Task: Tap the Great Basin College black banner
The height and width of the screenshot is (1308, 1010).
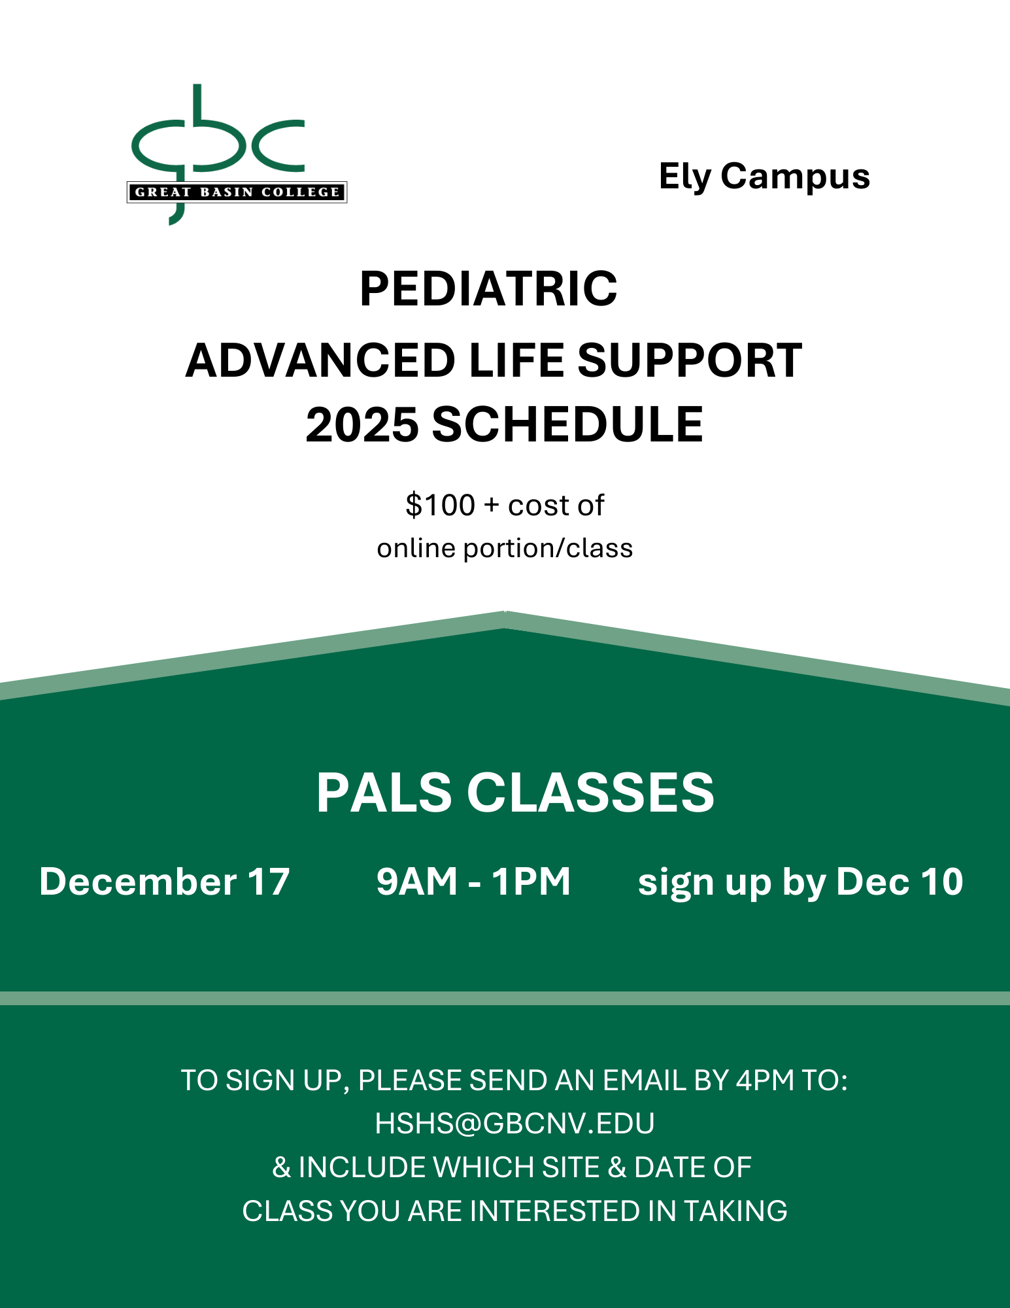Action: [x=237, y=192]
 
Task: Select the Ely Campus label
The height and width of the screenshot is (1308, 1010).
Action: [x=764, y=177]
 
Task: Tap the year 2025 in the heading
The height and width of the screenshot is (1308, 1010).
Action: [x=362, y=424]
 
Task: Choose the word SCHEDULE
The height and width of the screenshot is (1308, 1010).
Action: [x=567, y=424]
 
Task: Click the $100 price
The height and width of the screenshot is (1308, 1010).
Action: [x=440, y=506]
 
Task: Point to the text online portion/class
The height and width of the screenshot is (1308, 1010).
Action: [x=505, y=548]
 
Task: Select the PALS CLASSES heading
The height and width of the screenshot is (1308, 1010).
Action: [x=515, y=793]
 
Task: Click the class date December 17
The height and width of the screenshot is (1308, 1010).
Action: [x=165, y=882]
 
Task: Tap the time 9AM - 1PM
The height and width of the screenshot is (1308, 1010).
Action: [x=473, y=882]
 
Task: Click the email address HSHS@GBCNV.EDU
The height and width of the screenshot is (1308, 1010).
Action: [x=514, y=1124]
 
